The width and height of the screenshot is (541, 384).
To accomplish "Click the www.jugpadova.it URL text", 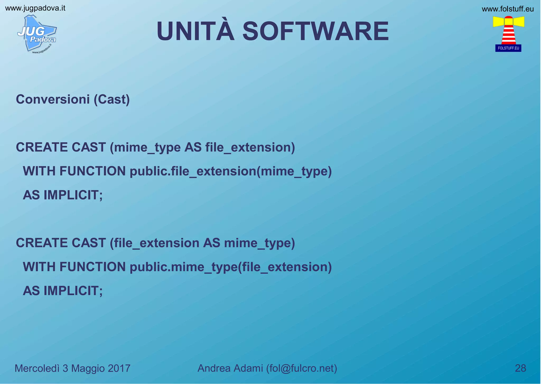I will (x=35, y=8).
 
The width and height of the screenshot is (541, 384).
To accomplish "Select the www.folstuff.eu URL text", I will (x=507, y=9).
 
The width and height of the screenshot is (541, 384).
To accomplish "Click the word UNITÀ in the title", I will (x=195, y=31).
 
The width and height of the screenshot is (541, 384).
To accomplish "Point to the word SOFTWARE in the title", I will (x=315, y=31).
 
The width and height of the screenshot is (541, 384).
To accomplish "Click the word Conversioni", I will (x=53, y=100).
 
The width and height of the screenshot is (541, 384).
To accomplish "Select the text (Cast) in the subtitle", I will (x=112, y=100).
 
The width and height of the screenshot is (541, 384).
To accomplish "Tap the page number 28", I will (x=520, y=368).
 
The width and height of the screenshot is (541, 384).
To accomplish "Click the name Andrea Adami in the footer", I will (x=230, y=368).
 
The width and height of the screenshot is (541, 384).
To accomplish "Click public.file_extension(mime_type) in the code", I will (x=230, y=171).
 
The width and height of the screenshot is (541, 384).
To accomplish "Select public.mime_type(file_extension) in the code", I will (x=230, y=267).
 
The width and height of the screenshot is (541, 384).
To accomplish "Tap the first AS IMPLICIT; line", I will (x=63, y=195).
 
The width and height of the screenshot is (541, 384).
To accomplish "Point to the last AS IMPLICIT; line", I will (x=63, y=291).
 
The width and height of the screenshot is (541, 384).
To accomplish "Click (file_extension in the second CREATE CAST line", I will (x=155, y=243).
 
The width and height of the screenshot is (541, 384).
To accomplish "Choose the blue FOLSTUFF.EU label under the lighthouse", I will (x=508, y=48).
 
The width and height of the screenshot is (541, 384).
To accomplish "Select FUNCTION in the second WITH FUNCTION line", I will (x=92, y=267).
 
